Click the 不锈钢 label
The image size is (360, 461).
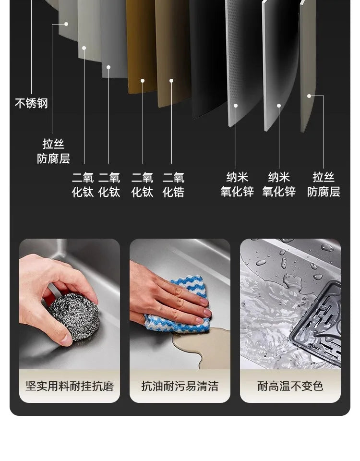(31, 104)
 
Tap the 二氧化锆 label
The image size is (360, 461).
(173, 185)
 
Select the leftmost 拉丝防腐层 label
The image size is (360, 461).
(53, 151)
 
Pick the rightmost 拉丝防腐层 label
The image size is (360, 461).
(324, 184)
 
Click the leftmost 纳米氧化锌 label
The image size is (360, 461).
(237, 184)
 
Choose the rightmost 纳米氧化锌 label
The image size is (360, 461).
(279, 184)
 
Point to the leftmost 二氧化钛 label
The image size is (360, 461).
(83, 185)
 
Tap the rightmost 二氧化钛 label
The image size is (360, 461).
(142, 185)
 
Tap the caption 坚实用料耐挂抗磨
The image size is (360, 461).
(70, 386)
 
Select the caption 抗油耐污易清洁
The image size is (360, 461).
(180, 386)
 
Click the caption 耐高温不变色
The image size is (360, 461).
(290, 386)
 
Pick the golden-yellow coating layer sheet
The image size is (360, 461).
(142, 47)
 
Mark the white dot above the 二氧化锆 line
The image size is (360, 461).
(171, 81)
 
